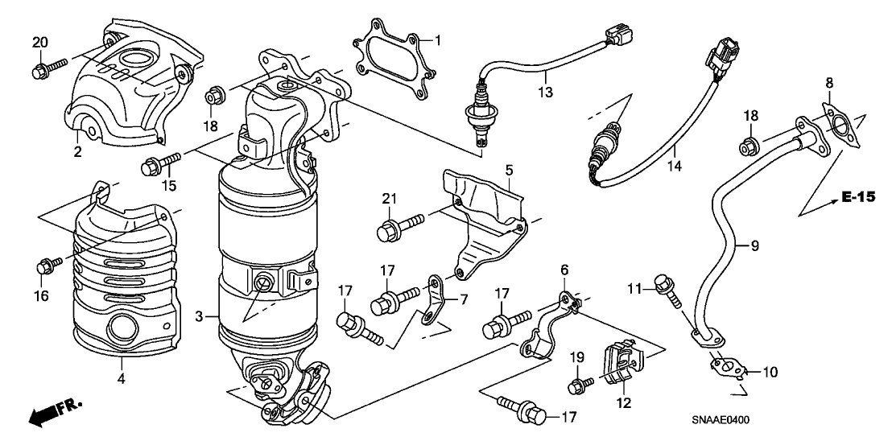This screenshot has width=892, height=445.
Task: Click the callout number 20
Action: coord(39,42)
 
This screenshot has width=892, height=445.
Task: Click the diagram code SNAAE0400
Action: coord(721,420)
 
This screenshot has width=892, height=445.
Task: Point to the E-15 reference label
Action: coord(858,197)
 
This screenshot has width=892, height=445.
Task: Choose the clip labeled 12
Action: coord(622,363)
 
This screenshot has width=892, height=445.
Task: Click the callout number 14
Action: coord(674,166)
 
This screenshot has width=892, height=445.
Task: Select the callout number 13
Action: coord(545,92)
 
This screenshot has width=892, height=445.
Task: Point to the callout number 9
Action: coord(755,245)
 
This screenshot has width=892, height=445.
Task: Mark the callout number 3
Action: coord(199,317)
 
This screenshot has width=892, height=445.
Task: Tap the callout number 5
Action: coord(509,169)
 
